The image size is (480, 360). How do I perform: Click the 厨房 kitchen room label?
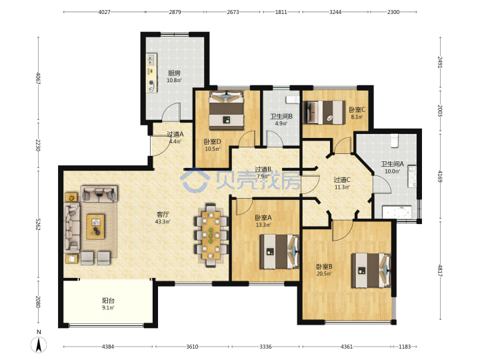[x=174, y=73]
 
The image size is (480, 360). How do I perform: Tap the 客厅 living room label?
[x=163, y=214]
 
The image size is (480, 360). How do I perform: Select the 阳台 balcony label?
[x=109, y=301]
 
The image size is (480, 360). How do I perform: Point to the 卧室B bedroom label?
[x=324, y=267]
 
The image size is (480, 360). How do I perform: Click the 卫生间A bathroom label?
[x=392, y=164]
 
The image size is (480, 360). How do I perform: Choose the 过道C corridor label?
[x=342, y=180]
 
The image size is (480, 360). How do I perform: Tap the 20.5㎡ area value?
[x=324, y=274]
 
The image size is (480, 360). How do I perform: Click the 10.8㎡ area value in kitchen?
[x=174, y=81]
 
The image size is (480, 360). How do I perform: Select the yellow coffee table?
[x=95, y=227]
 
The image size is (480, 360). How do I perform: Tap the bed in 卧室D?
[x=227, y=110]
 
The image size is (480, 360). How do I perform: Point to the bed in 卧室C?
[x=324, y=113]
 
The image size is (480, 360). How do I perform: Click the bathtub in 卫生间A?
[x=397, y=213]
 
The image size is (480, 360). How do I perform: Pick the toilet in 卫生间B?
[x=293, y=99]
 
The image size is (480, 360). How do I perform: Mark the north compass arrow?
[x=39, y=345]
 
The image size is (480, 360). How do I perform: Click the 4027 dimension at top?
[x=104, y=12]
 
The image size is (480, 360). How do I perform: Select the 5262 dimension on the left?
[x=38, y=225]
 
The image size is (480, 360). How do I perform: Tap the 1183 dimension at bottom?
[x=405, y=347]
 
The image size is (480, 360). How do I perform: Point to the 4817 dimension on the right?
[x=441, y=271]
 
